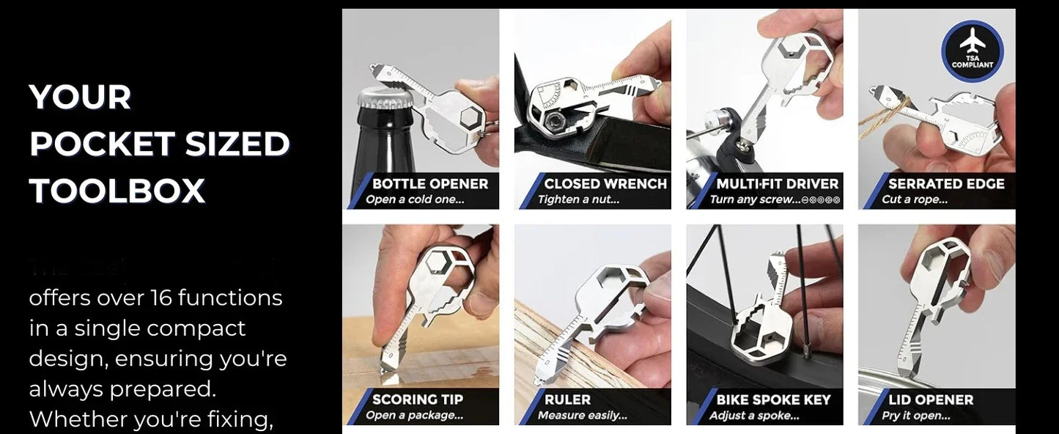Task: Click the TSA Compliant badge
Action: (x=973, y=51)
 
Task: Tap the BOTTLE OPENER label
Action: (x=429, y=183)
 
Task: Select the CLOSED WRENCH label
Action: (x=605, y=183)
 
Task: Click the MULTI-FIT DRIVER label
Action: (x=777, y=183)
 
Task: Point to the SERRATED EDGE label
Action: (x=945, y=183)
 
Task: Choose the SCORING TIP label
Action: (x=418, y=400)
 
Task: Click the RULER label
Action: (x=567, y=400)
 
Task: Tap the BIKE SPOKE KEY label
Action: (x=773, y=400)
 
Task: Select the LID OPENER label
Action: (x=931, y=400)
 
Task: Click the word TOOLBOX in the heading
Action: (x=117, y=191)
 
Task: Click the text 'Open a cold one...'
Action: (x=415, y=199)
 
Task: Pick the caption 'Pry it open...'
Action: (x=916, y=416)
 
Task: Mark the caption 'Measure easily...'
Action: (x=582, y=416)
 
